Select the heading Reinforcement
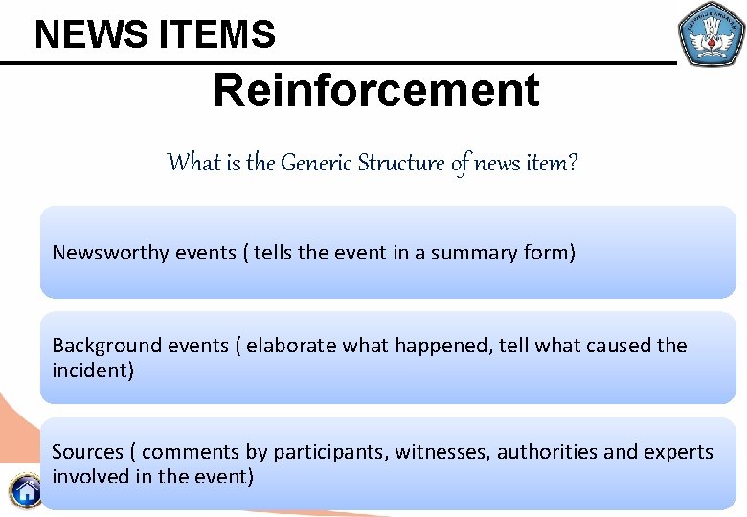(376, 91)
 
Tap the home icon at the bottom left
(26, 491)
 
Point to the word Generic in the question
(315, 163)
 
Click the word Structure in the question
(401, 163)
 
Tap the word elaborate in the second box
(288, 346)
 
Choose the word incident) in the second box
(93, 371)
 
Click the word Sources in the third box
(87, 452)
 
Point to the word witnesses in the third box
(444, 452)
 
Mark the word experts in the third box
(679, 452)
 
